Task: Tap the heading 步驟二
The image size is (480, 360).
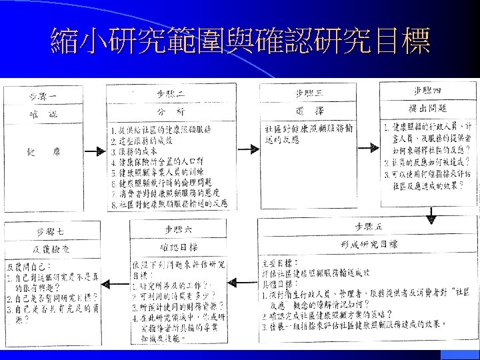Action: (170, 93)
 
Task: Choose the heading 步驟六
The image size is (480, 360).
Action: (177, 229)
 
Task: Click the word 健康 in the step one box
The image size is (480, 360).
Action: (44, 152)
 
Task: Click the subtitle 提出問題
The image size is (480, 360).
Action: (427, 107)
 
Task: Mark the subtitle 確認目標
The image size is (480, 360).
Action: (178, 247)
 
